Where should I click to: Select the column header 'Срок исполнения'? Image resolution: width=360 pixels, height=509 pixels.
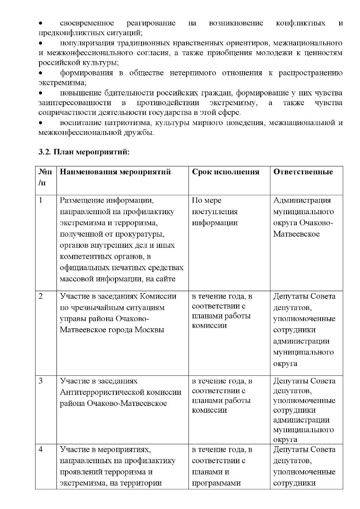click(x=225, y=172)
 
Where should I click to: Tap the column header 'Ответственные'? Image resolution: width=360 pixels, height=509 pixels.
click(x=303, y=172)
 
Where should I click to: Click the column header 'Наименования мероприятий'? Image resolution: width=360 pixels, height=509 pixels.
click(x=115, y=172)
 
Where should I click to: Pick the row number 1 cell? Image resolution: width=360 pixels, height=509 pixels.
click(x=41, y=201)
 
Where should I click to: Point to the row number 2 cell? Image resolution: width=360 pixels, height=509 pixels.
click(x=41, y=296)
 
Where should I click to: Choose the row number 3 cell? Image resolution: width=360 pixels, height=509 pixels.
click(x=41, y=381)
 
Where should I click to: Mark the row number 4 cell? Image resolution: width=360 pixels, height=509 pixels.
click(x=41, y=450)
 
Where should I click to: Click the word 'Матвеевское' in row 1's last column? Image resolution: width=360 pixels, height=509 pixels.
click(x=297, y=234)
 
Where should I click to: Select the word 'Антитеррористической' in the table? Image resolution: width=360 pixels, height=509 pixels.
click(x=121, y=392)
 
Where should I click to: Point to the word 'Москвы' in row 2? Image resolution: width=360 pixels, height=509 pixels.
click(x=149, y=330)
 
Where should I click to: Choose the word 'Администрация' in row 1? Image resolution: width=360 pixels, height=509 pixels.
click(x=302, y=201)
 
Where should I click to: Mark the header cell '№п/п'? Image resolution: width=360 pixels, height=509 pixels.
click(x=46, y=177)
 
